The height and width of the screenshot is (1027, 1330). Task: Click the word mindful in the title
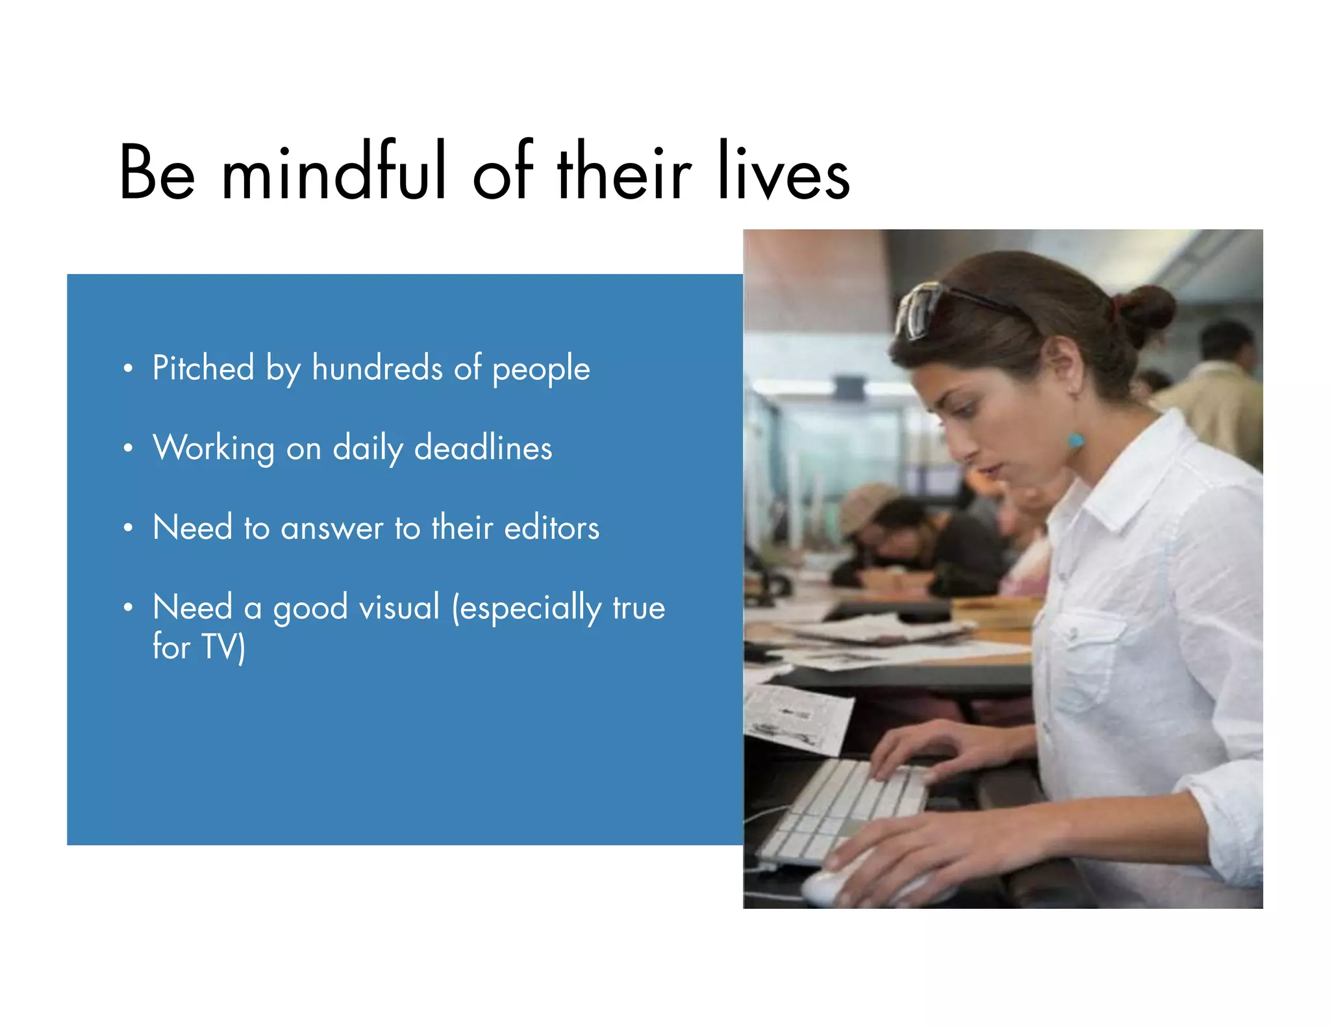(x=334, y=172)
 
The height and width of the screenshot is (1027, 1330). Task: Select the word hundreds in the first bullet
(x=377, y=368)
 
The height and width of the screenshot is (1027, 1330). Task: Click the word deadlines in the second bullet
(x=483, y=448)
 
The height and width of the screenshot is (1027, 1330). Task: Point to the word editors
(x=551, y=527)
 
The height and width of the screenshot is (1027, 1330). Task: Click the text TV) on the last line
(x=223, y=647)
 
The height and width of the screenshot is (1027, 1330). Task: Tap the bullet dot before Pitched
(x=128, y=369)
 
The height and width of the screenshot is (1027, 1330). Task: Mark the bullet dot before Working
(x=128, y=449)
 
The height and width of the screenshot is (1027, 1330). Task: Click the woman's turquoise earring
(x=1075, y=441)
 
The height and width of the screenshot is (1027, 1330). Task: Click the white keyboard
(x=844, y=811)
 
